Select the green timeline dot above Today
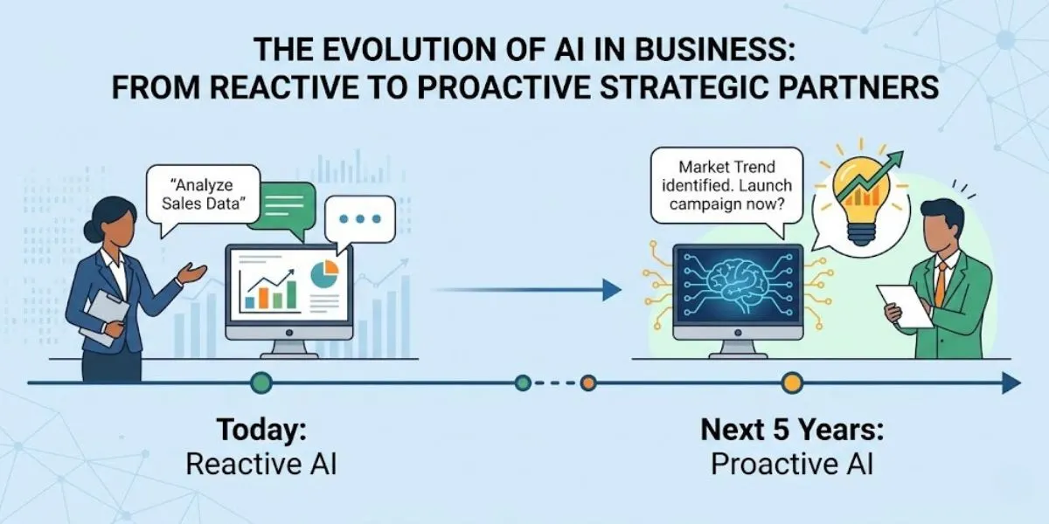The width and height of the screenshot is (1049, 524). pyautogui.click(x=261, y=383)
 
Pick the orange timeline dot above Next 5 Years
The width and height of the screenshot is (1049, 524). pyautogui.click(x=792, y=383)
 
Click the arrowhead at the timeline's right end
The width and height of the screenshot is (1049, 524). pyautogui.click(x=1011, y=383)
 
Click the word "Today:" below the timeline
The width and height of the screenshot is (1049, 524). pyautogui.click(x=261, y=430)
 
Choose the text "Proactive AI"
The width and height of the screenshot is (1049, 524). pyautogui.click(x=791, y=465)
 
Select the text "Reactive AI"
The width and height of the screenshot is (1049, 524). pyautogui.click(x=261, y=465)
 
